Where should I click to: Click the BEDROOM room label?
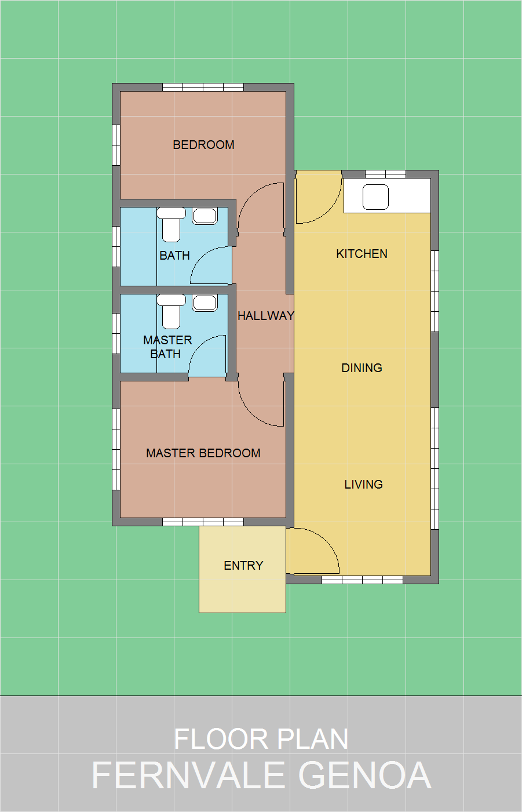pos(203,145)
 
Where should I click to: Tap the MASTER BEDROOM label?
pos(203,453)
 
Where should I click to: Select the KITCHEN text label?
pos(362,254)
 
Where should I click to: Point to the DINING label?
pos(362,368)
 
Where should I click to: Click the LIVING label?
pos(363,485)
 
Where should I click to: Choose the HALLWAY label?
pos(265,316)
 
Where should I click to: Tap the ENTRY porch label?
pos(243,566)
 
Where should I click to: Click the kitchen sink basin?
pos(375,197)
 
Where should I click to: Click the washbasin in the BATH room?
pos(205,216)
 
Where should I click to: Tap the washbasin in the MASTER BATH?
pos(205,303)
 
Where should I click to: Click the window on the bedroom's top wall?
pos(203,88)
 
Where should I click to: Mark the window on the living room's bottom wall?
pos(362,580)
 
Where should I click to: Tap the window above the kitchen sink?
pos(385,174)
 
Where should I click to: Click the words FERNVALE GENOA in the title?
pos(261,775)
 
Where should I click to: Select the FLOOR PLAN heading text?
pos(261,740)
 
